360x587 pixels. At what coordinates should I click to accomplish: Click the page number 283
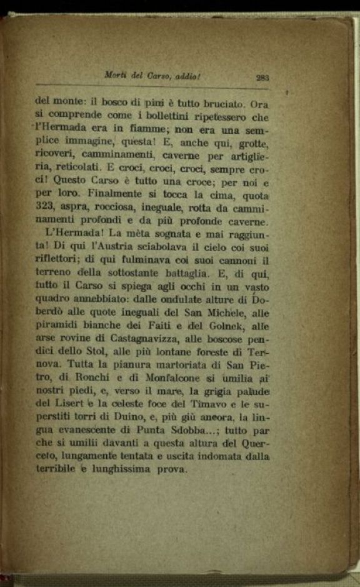pos(262,78)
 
